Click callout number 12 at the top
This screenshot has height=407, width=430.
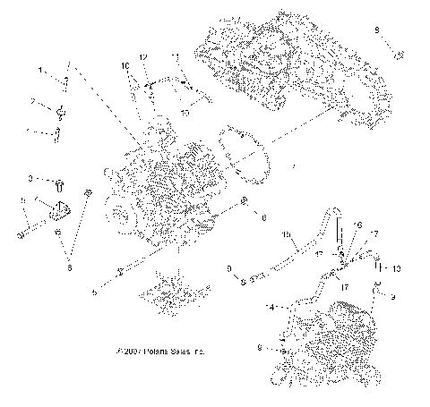pos(142,58)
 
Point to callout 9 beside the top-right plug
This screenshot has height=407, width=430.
pos(377,30)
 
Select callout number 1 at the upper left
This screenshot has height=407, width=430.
pos(40,69)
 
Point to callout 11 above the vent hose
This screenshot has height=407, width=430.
pos(176,58)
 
